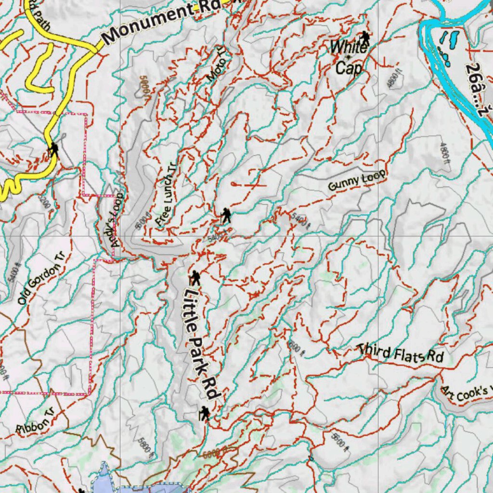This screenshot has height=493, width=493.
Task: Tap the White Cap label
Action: tap(349, 57)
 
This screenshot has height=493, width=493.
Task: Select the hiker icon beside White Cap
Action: tap(365, 38)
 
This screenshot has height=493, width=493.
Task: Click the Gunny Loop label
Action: tap(357, 181)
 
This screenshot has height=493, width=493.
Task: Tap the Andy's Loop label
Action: tap(117, 221)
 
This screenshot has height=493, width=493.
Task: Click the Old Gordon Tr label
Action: tap(41, 278)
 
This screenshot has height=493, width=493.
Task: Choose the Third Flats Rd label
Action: tap(401, 353)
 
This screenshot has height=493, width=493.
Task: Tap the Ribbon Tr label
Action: tap(33, 422)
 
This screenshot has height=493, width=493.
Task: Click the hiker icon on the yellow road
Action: tap(54, 149)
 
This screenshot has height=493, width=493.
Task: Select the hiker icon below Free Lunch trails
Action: tap(226, 215)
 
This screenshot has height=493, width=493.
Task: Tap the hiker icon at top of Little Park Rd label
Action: tap(195, 278)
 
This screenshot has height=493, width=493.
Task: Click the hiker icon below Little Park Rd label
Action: tap(205, 413)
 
